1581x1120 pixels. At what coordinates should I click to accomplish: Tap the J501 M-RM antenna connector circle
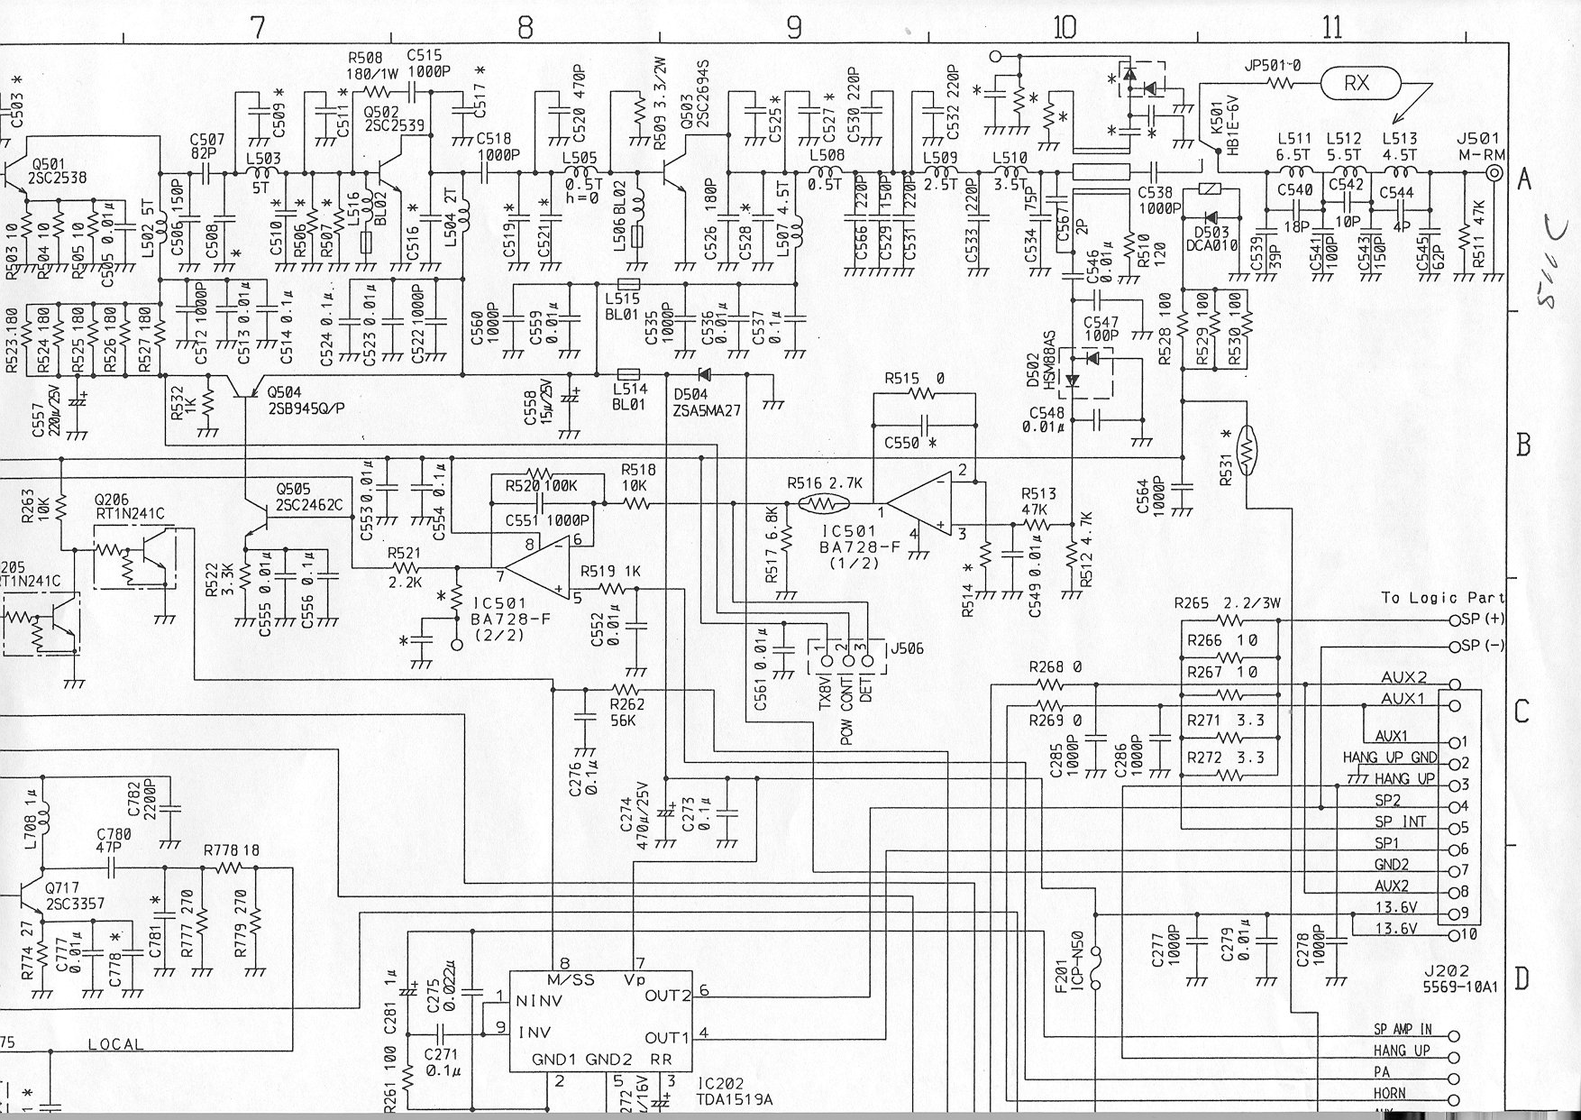click(1494, 174)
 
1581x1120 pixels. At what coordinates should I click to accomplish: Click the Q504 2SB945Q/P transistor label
click(306, 400)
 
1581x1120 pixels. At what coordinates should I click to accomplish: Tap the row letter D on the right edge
click(1522, 978)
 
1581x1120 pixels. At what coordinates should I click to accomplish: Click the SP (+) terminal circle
click(1453, 620)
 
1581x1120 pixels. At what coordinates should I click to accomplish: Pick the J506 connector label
click(907, 649)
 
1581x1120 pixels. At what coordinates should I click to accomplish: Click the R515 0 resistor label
click(914, 379)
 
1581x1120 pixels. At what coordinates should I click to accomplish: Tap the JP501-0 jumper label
click(1273, 66)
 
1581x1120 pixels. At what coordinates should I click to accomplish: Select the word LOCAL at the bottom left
click(115, 1044)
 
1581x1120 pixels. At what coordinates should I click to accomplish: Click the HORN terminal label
click(1389, 1093)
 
